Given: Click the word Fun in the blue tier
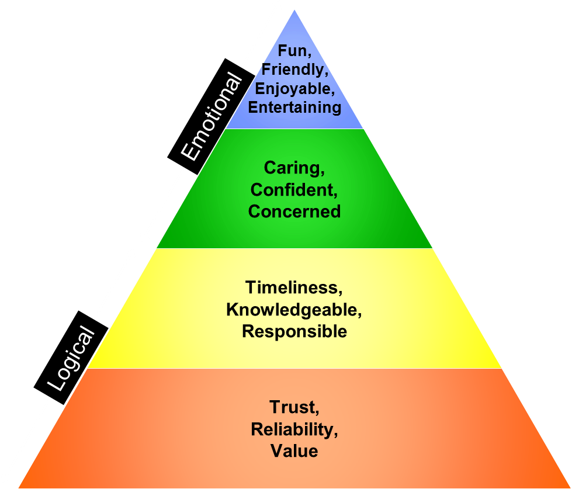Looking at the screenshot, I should point(292,51).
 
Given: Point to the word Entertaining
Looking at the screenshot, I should point(294,107).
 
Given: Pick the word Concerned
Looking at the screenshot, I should point(294,211).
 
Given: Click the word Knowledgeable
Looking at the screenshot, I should point(294,310).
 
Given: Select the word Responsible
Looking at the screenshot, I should point(294,331).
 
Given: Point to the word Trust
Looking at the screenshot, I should point(294,407).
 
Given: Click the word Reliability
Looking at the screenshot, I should point(294,429).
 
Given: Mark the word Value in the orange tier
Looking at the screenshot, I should point(294,451).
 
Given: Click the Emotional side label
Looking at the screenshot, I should point(210,117).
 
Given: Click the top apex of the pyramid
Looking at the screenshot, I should point(294,9).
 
